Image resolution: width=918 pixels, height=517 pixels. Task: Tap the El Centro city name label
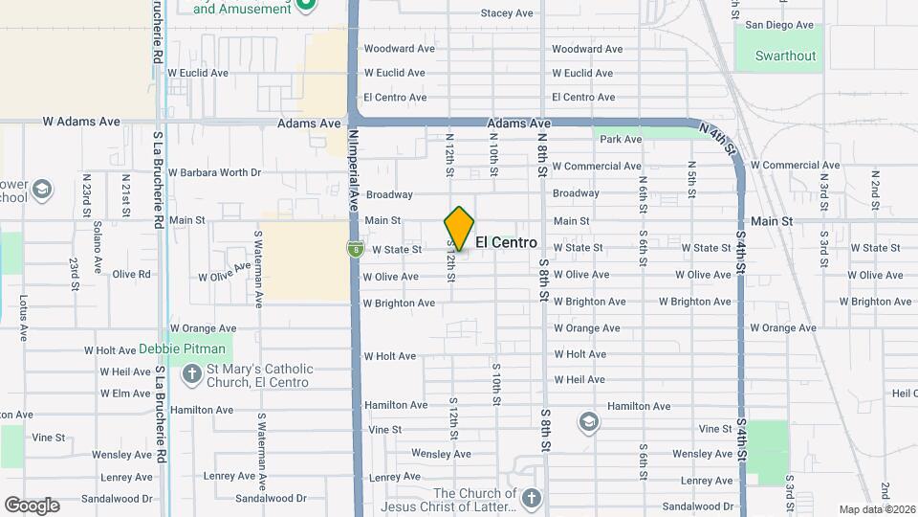(x=506, y=243)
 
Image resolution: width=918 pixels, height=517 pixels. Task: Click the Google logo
(x=32, y=506)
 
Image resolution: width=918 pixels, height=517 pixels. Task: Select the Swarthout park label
(x=785, y=56)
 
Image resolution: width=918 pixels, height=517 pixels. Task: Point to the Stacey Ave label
(x=507, y=13)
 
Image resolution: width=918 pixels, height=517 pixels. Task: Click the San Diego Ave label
(x=779, y=25)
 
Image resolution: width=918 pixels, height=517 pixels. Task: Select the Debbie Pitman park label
(x=185, y=348)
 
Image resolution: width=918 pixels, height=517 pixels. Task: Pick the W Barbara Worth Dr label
(x=214, y=173)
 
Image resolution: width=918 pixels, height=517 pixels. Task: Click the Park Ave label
(x=621, y=140)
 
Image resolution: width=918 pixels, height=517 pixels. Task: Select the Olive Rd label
(x=131, y=274)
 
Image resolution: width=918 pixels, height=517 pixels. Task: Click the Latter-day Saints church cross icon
(x=532, y=498)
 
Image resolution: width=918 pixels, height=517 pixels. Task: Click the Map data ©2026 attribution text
(x=877, y=509)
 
